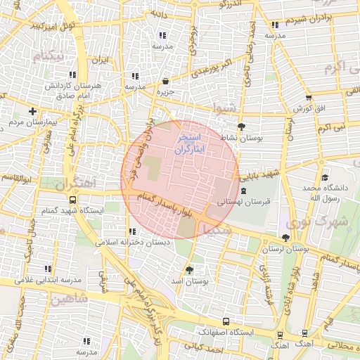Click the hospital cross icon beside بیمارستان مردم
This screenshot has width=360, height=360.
tap(32, 110)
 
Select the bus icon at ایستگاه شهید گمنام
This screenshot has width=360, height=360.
tap(72, 200)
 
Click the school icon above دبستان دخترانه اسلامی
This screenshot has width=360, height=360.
tap(131, 231)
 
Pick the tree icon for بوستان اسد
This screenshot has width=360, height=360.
tap(188, 269)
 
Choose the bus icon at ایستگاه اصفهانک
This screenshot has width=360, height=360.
tap(225, 319)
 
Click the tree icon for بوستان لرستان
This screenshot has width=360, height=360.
tap(285, 238)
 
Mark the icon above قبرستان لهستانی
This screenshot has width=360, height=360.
tap(243, 191)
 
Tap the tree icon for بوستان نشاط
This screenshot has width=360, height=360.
tap(242, 127)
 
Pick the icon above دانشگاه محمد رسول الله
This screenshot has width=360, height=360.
tap(323, 177)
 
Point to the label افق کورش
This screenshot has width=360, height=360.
tap(309, 108)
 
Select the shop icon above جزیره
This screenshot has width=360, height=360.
tap(165, 81)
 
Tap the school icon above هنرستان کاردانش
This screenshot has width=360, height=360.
tap(72, 75)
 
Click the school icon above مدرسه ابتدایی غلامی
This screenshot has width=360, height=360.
tap(48, 268)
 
